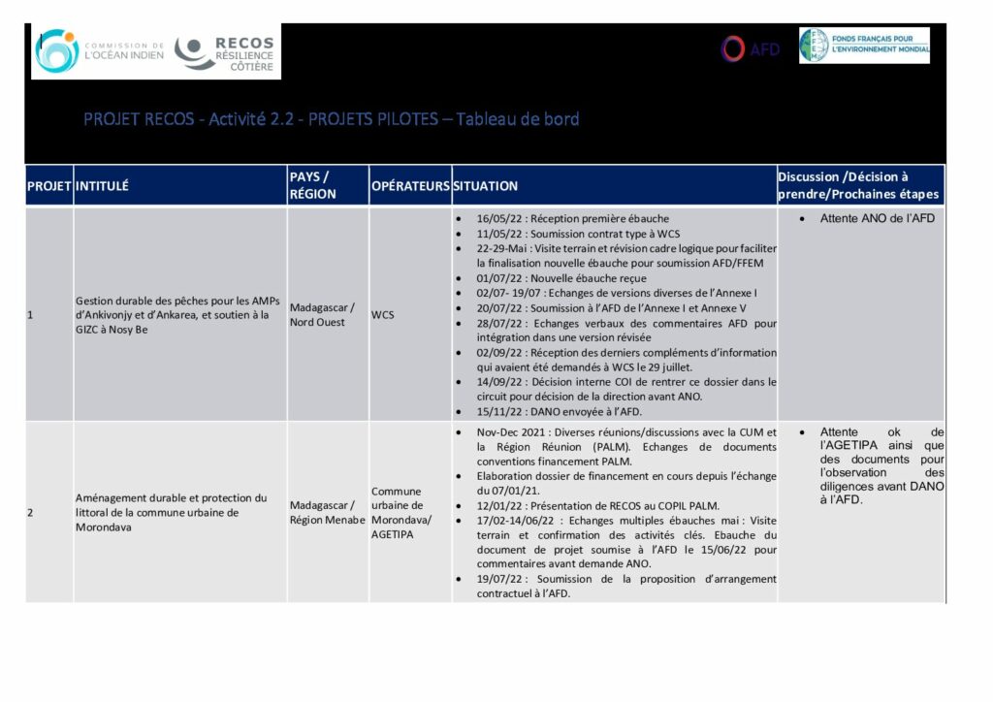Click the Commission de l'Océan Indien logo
click(x=98, y=51)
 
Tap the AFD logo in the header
click(x=751, y=48)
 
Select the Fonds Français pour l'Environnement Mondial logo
click(x=864, y=46)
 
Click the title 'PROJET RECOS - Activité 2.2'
click(x=331, y=119)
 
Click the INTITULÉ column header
click(x=102, y=185)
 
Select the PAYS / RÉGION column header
click(x=313, y=185)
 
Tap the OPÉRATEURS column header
click(x=409, y=185)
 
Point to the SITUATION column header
click(x=485, y=185)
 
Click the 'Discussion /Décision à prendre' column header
click(x=857, y=185)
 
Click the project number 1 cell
click(x=30, y=314)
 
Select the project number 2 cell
click(x=30, y=512)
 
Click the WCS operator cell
click(x=382, y=314)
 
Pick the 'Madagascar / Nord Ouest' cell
click(x=323, y=314)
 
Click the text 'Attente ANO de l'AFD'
click(x=877, y=219)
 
